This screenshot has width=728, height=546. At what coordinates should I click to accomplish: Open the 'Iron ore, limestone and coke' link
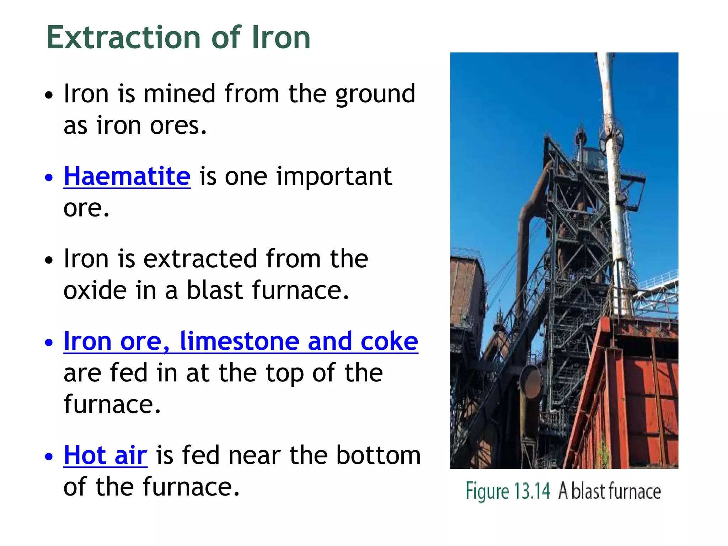pyautogui.click(x=241, y=341)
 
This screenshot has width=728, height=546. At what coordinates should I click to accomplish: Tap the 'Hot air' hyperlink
pyautogui.click(x=105, y=455)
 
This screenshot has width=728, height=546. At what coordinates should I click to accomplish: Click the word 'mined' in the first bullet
pyautogui.click(x=180, y=94)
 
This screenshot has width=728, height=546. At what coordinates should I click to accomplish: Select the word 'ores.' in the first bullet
pyautogui.click(x=178, y=126)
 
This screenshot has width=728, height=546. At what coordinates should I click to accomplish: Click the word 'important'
pyautogui.click(x=334, y=177)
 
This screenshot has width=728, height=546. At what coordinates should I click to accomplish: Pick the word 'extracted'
pyautogui.click(x=200, y=258)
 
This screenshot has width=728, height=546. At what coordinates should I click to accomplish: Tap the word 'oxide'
pyautogui.click(x=95, y=290)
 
